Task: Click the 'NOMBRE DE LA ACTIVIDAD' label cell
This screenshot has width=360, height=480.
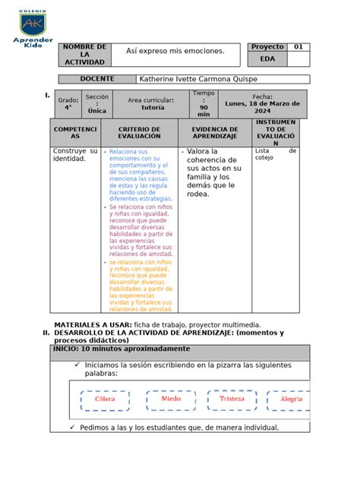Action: (x=84, y=55)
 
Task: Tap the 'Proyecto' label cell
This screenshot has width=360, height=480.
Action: (x=267, y=47)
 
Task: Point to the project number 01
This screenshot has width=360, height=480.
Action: (x=298, y=47)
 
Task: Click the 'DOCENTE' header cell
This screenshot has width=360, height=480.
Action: (x=96, y=79)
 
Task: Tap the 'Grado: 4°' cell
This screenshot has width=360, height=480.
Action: (x=68, y=104)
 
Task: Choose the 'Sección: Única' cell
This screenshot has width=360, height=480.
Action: (x=96, y=104)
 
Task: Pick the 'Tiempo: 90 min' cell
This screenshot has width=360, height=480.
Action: (x=204, y=104)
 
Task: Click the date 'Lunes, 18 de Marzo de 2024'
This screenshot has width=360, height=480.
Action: (x=262, y=104)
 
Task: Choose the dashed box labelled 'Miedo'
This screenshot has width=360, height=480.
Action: (x=171, y=399)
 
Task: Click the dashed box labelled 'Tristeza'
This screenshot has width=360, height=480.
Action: (x=232, y=399)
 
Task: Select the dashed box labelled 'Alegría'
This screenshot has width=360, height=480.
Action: (x=292, y=399)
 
